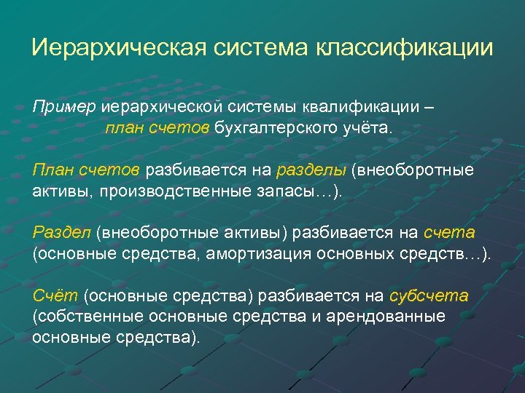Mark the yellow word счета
448,233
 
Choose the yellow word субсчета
429,296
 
